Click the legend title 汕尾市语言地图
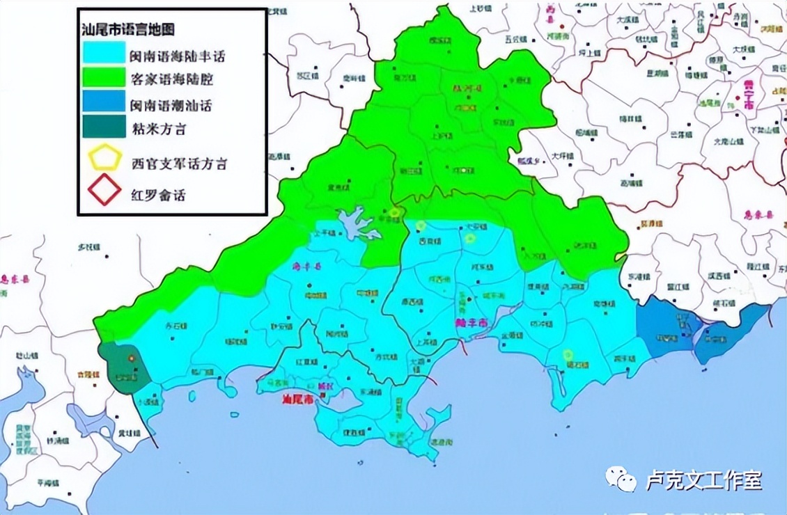[127, 29]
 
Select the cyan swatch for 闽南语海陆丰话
[103, 52]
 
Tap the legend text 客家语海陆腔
[171, 79]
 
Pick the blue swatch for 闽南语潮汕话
[103, 104]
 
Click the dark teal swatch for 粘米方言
[103, 128]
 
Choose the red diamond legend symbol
[104, 190]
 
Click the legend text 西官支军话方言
[179, 164]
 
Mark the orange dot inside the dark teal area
[131, 357]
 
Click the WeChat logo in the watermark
[620, 479]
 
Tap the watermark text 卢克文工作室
[703, 480]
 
